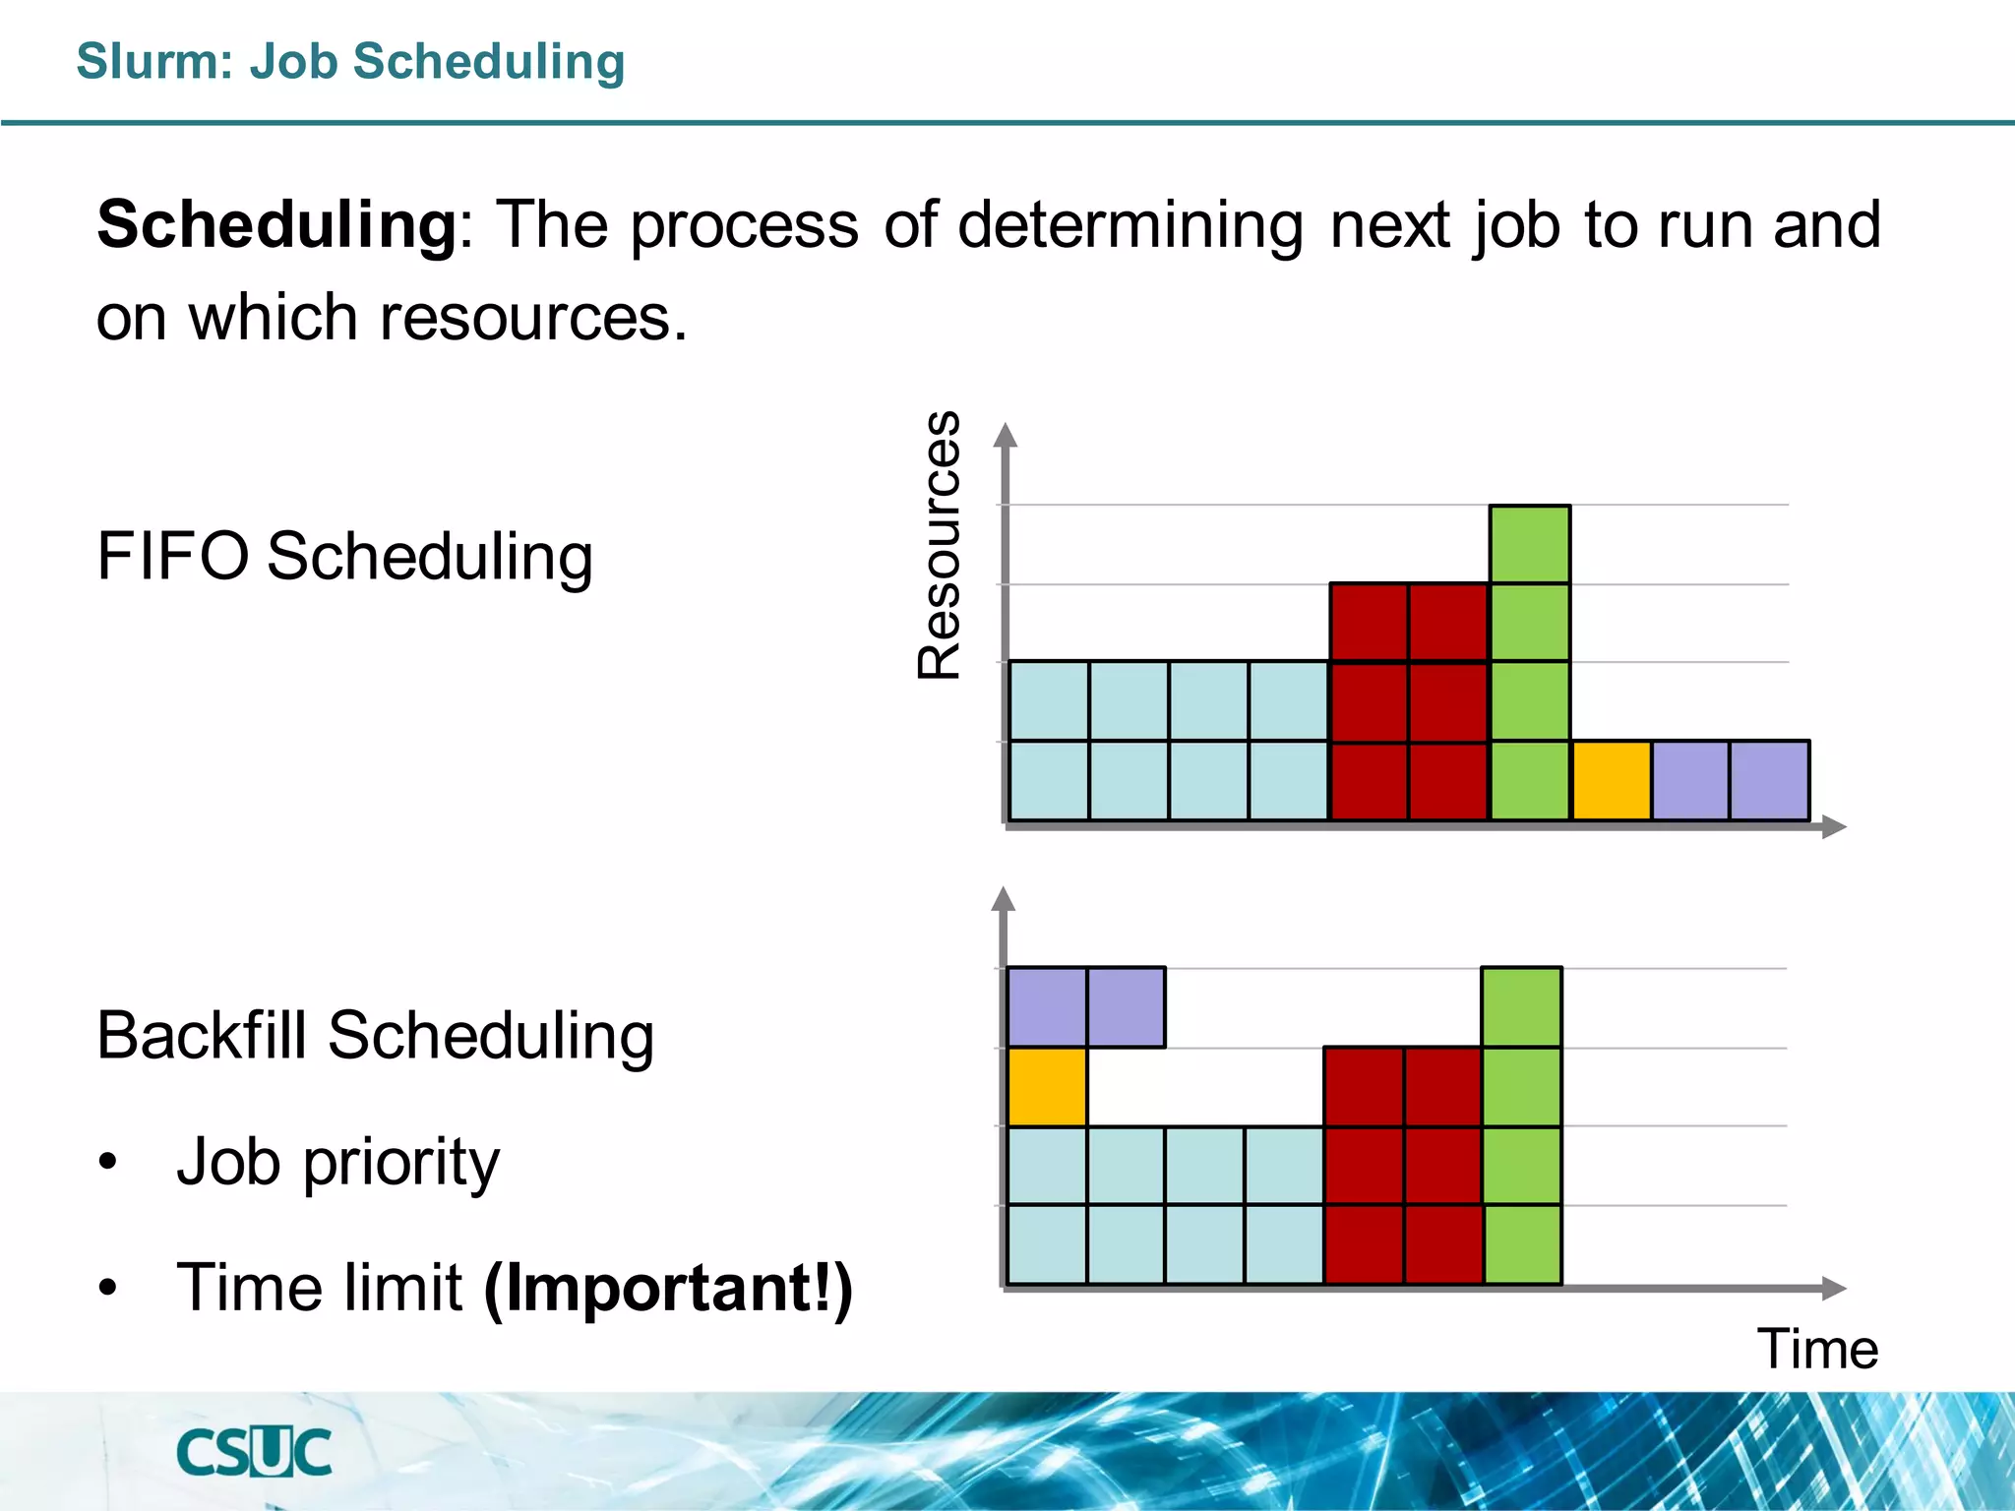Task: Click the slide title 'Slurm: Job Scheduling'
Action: click(x=350, y=62)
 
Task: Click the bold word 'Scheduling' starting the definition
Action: click(x=276, y=225)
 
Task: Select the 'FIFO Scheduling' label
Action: click(x=344, y=557)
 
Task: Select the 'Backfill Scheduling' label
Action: click(x=375, y=1036)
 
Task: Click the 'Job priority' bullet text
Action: click(x=337, y=1162)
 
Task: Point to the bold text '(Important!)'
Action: click(x=668, y=1288)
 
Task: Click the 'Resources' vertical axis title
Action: click(x=939, y=545)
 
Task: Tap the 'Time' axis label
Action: click(x=1817, y=1349)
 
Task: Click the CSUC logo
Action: click(x=254, y=1453)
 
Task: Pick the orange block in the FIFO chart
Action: click(x=1611, y=781)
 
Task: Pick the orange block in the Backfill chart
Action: click(x=1047, y=1087)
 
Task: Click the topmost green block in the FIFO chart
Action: click(x=1530, y=545)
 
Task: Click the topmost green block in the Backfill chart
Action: click(x=1522, y=1007)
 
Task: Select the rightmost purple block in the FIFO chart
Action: click(x=1770, y=781)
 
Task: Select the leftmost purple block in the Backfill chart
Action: click(x=1047, y=1007)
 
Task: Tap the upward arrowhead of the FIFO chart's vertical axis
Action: click(x=1005, y=436)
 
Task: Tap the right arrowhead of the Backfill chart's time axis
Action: click(x=1834, y=1288)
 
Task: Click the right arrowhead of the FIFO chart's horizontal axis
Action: click(x=1834, y=827)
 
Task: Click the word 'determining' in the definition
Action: click(x=1130, y=225)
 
